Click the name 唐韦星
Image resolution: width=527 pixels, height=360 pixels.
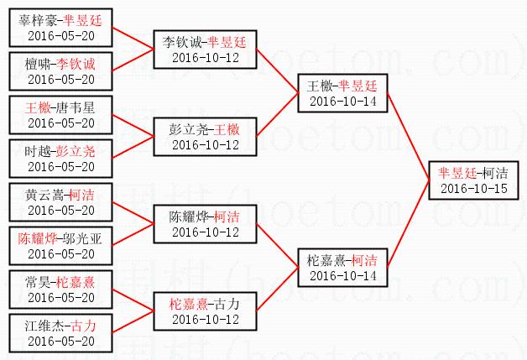click(76, 107)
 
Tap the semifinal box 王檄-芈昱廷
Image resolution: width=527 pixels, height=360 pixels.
click(342, 92)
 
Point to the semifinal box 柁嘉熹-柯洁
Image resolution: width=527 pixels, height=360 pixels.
click(342, 267)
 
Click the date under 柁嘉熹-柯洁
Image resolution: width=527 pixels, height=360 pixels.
click(342, 275)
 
